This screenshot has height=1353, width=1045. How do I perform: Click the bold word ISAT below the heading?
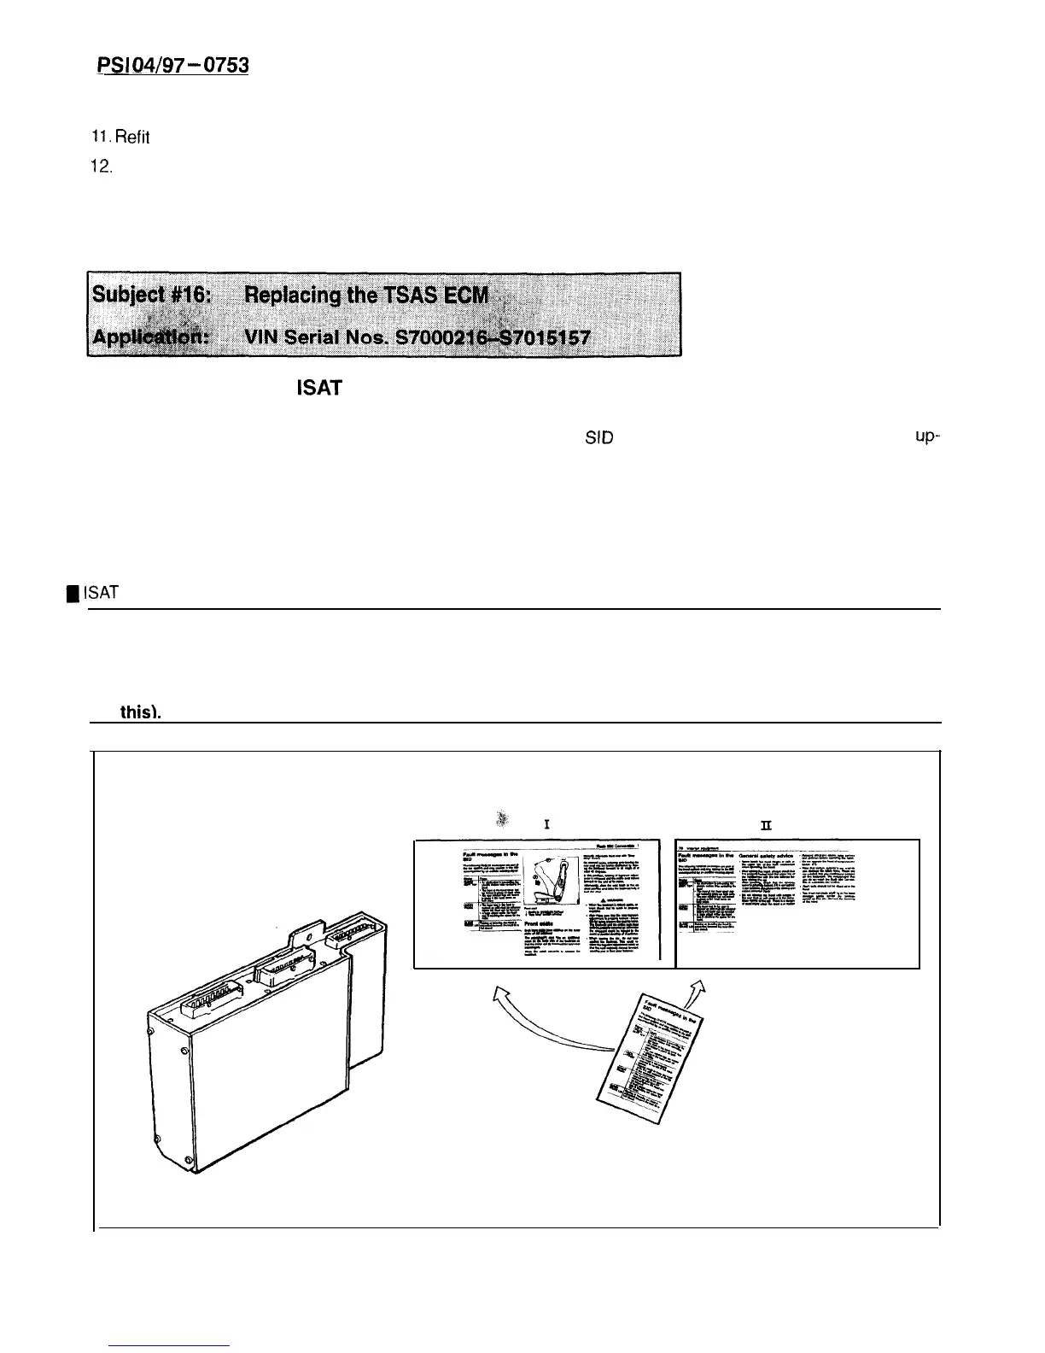tap(318, 389)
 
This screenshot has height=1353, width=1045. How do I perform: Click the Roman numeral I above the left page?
tap(545, 825)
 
